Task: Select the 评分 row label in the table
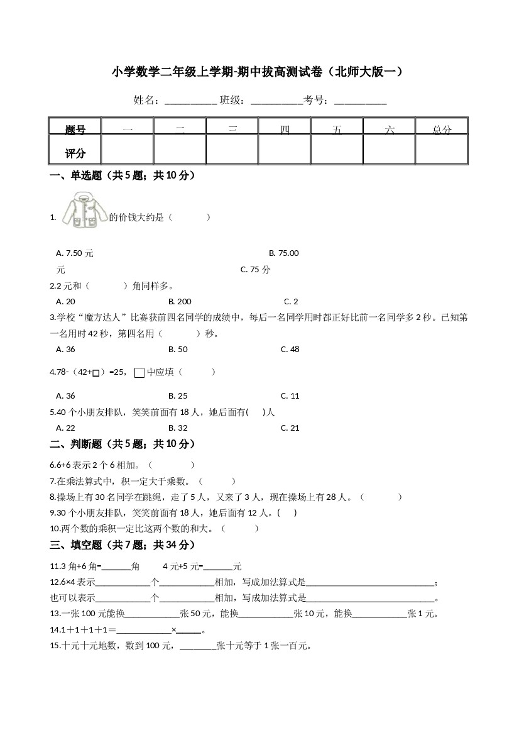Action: point(75,153)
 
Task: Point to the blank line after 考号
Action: point(360,101)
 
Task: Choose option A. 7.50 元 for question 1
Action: point(75,253)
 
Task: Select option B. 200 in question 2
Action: point(180,301)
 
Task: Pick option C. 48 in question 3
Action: point(290,349)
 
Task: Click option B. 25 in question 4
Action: point(178,396)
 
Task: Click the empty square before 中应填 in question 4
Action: point(139,373)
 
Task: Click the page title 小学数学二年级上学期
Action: point(257,72)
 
